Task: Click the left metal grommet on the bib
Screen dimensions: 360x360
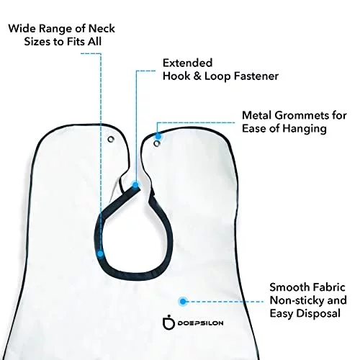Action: pyautogui.click(x=111, y=139)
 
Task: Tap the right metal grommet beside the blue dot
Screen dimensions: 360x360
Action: pyautogui.click(x=157, y=144)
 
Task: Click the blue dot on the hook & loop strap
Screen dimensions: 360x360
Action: pyautogui.click(x=135, y=185)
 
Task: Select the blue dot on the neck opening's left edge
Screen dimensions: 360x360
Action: pyautogui.click(x=100, y=253)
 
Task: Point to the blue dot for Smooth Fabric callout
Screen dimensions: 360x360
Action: pyautogui.click(x=183, y=301)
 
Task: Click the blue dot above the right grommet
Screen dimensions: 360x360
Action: pyautogui.click(x=158, y=136)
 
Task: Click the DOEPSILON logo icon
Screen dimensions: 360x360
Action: pyautogui.click(x=168, y=323)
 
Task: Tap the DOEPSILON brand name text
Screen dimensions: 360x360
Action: pyautogui.click(x=200, y=323)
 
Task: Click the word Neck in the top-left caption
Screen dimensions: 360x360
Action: pyautogui.click(x=102, y=29)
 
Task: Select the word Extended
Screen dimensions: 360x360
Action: pyautogui.click(x=188, y=63)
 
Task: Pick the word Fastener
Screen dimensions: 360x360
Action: pyautogui.click(x=256, y=76)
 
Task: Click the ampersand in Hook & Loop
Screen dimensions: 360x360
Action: pyautogui.click(x=197, y=76)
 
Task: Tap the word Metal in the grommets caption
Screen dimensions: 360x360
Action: pyautogui.click(x=257, y=115)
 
